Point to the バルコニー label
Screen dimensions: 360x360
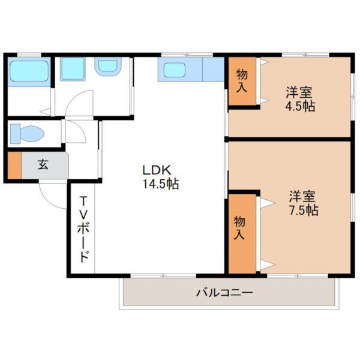coord(224,293)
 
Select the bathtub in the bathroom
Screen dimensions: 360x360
coord(29,73)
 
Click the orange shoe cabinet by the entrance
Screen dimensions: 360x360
coord(14,166)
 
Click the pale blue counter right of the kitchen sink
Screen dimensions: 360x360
coord(212,69)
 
